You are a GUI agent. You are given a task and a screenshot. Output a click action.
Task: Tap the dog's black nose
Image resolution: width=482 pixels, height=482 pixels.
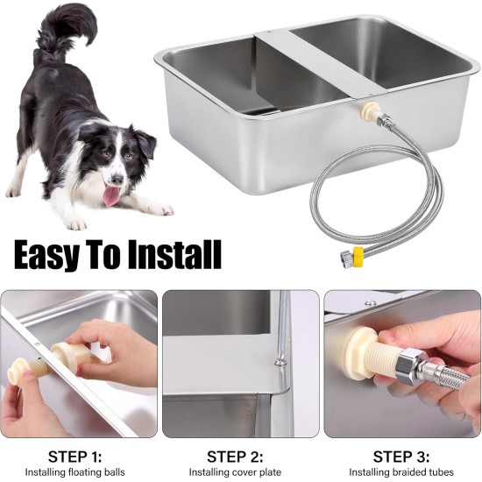coord(117,179)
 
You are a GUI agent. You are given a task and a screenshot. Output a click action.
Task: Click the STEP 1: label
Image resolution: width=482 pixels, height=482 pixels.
coord(74,457)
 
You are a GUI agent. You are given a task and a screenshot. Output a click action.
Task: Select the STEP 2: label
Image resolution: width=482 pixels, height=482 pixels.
coord(235,457)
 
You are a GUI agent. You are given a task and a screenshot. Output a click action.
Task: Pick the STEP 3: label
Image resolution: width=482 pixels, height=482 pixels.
coord(401,457)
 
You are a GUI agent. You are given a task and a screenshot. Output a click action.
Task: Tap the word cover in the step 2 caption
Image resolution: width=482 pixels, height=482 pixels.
coord(241,472)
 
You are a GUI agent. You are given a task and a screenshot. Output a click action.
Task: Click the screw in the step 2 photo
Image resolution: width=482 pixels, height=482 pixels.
coord(280,361)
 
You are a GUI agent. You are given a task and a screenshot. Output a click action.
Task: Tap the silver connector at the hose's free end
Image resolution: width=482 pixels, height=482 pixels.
coord(347,256)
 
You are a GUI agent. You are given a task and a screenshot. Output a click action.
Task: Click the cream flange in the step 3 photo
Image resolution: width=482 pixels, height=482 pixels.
coord(358,348)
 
